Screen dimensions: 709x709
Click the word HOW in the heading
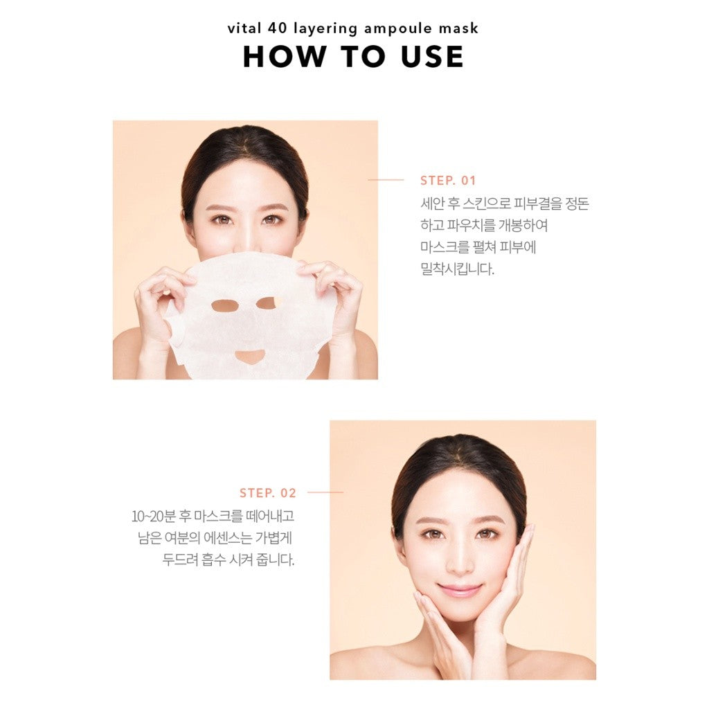point(285,57)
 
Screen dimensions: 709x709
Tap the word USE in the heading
point(432,57)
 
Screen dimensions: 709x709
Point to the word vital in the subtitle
point(244,28)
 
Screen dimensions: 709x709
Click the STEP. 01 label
point(448,181)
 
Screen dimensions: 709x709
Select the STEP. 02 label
point(268,492)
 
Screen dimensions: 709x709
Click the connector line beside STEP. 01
point(386,180)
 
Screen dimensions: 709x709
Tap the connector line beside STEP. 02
point(325,492)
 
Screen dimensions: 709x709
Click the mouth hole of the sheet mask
point(249,357)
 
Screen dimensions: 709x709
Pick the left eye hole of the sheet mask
point(225,306)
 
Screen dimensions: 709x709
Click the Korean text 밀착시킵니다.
point(457,269)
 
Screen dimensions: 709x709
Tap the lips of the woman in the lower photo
point(459,590)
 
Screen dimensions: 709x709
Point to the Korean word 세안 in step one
point(433,204)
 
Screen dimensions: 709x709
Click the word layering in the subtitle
point(325,29)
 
